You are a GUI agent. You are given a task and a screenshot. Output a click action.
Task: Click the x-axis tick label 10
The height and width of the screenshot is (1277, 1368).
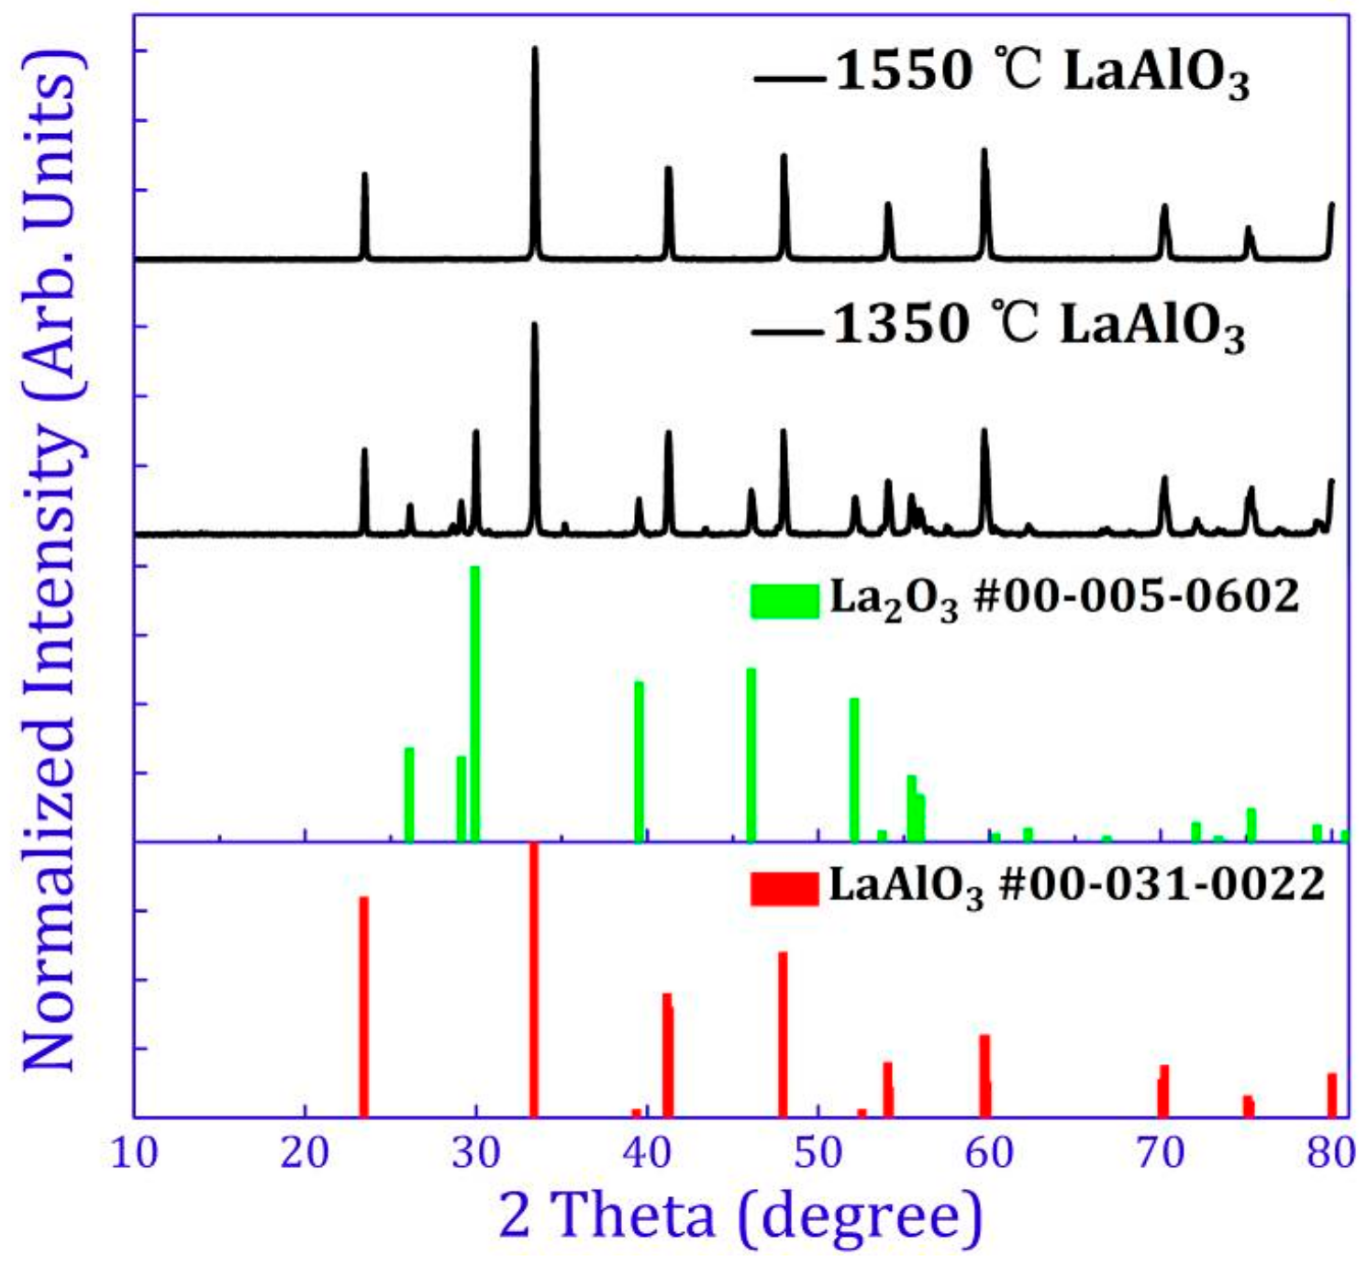pyautogui.click(x=134, y=1153)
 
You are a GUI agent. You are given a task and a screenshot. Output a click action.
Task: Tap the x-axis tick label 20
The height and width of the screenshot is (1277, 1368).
pyautogui.click(x=305, y=1153)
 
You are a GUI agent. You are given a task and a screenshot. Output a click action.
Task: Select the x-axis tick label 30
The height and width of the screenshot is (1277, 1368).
pyautogui.click(x=476, y=1153)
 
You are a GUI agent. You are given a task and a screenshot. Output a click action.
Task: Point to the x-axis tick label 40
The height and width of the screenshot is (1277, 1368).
pyautogui.click(x=648, y=1153)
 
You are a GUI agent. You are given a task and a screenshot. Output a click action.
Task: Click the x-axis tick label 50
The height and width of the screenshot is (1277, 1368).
pyautogui.click(x=818, y=1153)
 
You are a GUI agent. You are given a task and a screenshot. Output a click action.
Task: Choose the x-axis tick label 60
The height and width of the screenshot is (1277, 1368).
pyautogui.click(x=990, y=1153)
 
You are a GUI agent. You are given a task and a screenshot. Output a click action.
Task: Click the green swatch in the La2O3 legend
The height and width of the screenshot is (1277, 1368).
pyautogui.click(x=784, y=601)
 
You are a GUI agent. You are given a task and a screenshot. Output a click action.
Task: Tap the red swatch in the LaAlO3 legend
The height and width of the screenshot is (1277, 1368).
pyautogui.click(x=784, y=888)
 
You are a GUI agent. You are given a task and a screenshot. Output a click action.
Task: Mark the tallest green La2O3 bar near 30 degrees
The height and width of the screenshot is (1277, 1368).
pyautogui.click(x=475, y=702)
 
